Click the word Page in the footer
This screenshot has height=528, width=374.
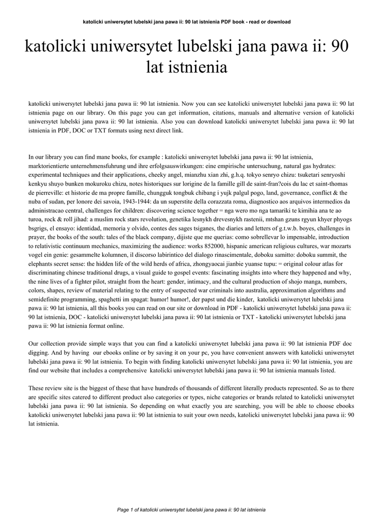[123, 509]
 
